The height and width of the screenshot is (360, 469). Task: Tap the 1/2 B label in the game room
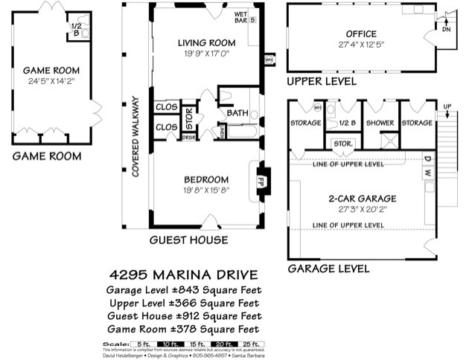tap(75, 29)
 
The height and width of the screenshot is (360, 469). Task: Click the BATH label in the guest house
tap(237, 114)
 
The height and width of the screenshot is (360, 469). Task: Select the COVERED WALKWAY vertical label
tap(136, 136)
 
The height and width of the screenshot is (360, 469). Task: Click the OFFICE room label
tap(360, 34)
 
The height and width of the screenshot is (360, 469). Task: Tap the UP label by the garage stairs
tap(446, 106)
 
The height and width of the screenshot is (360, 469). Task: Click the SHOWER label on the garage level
tap(380, 123)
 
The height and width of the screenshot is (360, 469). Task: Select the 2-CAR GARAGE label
tap(362, 199)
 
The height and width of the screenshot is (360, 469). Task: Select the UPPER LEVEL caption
tap(322, 80)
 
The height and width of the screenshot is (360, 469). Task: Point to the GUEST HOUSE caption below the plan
tap(188, 240)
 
